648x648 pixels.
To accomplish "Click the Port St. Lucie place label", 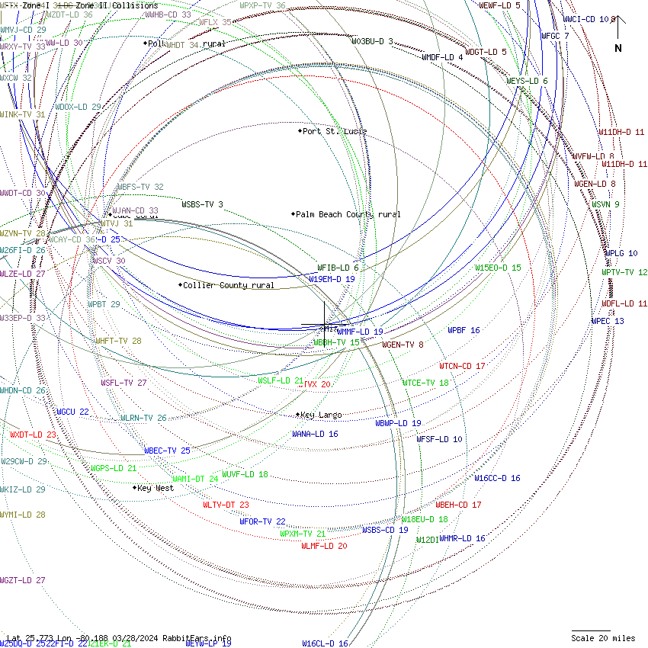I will click(x=335, y=131).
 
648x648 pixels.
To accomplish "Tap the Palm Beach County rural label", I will click(x=348, y=214).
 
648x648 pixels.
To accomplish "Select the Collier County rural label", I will click(x=229, y=285).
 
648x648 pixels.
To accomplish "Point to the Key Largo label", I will click(x=321, y=415).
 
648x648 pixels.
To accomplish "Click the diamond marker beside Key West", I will click(x=135, y=487).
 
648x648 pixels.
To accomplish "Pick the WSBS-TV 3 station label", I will click(x=202, y=204).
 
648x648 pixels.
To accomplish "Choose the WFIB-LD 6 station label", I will click(x=338, y=268).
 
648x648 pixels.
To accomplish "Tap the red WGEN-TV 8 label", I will click(x=403, y=345).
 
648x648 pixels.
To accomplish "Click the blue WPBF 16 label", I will click(x=464, y=330).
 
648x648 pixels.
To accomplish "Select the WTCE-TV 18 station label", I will click(x=425, y=383).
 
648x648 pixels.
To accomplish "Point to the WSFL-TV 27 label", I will click(x=124, y=383).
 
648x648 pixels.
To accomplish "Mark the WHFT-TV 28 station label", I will click(x=118, y=341).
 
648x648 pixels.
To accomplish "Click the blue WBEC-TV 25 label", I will click(x=167, y=451).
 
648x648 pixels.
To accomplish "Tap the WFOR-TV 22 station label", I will click(x=262, y=521).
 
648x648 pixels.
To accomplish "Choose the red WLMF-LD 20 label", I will click(x=324, y=546).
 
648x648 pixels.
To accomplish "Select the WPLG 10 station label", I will click(x=622, y=253).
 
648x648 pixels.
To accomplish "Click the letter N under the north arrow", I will click(x=618, y=48).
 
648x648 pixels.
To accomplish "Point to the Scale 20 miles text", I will click(x=603, y=638).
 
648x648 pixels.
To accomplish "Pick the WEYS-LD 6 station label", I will click(x=527, y=81).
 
